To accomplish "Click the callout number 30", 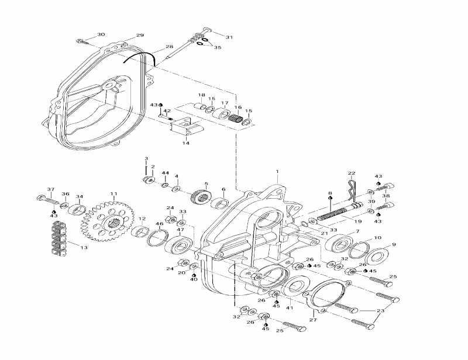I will tap(101, 35).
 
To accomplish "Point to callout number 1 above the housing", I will tap(277, 172).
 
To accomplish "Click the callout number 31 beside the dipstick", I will tap(229, 37).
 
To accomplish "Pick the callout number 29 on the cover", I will tap(140, 36).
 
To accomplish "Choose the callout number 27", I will tap(313, 320).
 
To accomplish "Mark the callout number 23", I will tap(381, 311).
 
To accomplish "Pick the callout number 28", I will tap(169, 47).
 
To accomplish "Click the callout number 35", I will tap(218, 47).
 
